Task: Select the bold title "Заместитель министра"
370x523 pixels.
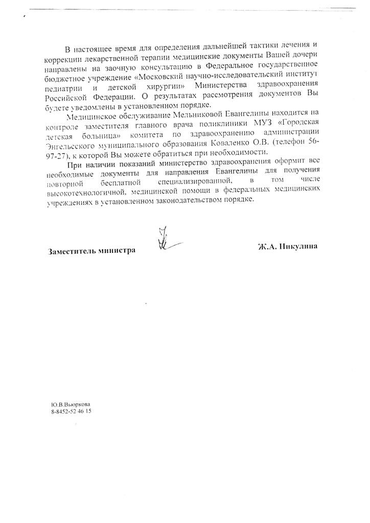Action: tap(91, 251)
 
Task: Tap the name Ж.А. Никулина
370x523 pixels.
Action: tap(288, 246)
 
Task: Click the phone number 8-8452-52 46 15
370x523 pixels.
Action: tap(71, 411)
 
